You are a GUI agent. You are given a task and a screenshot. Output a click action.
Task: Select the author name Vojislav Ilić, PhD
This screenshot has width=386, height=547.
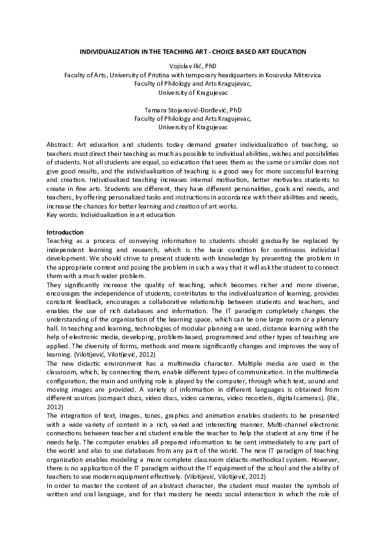tap(192, 66)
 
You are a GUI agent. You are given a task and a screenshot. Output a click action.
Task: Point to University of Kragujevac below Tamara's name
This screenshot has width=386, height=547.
tap(193, 128)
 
